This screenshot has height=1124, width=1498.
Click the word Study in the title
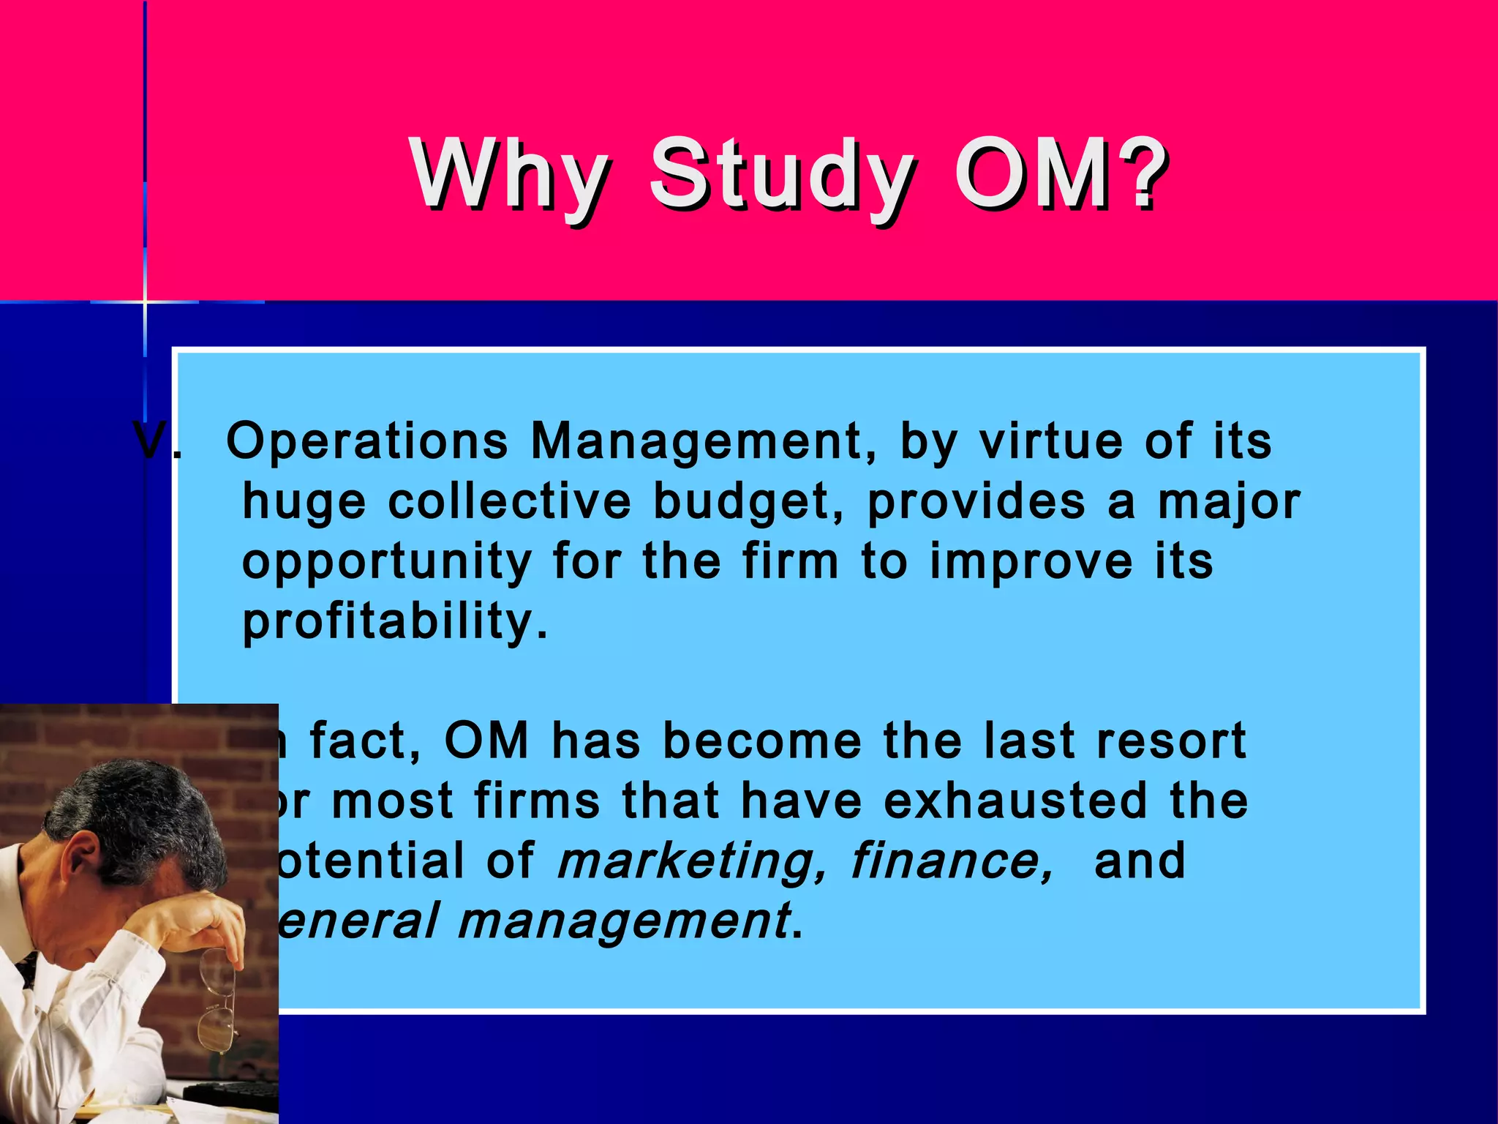[781, 176]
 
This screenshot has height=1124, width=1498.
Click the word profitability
[395, 622]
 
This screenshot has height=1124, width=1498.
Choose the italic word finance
[951, 861]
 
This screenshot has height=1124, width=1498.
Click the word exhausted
[1016, 801]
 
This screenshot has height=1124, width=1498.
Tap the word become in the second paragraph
[761, 741]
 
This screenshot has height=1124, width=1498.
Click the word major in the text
[1229, 503]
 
